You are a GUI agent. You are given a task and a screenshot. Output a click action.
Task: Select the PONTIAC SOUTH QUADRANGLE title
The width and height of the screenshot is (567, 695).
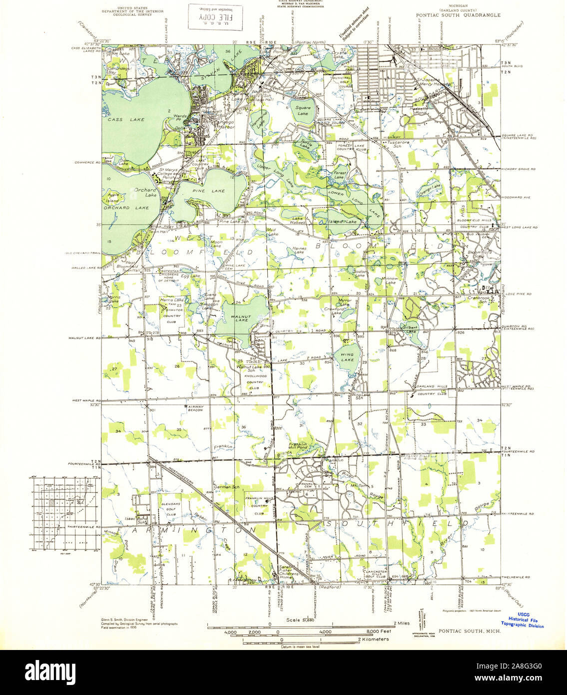point(458,15)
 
